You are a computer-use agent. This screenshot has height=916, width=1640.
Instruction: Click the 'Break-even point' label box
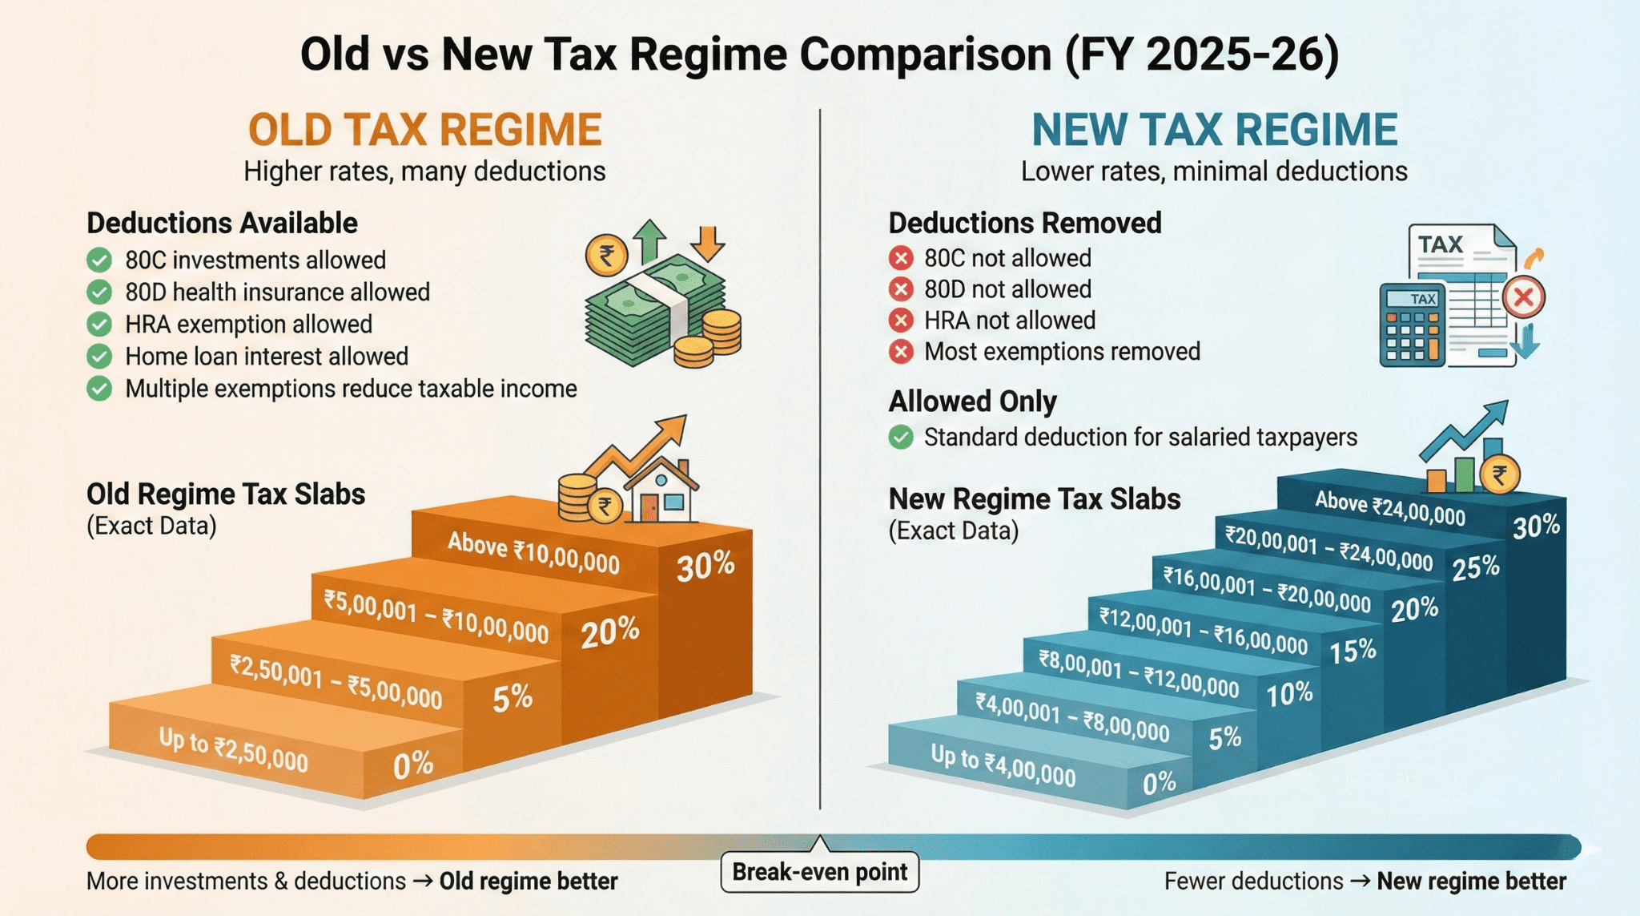(x=819, y=872)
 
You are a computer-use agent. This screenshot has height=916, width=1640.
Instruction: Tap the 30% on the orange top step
(x=705, y=566)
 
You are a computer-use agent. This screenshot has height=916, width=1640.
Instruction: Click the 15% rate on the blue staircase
(x=1353, y=652)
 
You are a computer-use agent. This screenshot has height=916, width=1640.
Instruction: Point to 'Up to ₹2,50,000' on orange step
(x=233, y=749)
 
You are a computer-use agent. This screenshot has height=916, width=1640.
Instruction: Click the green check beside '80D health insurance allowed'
(x=99, y=292)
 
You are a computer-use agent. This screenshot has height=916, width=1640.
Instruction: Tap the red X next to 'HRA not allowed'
(x=901, y=321)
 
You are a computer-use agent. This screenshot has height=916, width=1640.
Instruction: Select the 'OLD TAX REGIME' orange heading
(x=424, y=130)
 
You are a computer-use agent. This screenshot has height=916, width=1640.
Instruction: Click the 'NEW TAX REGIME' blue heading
(x=1214, y=130)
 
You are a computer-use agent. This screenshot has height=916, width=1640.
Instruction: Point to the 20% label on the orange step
(x=609, y=633)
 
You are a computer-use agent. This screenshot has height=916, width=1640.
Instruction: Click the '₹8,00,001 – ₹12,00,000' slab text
(x=1138, y=674)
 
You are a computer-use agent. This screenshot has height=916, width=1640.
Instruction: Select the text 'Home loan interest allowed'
(x=267, y=356)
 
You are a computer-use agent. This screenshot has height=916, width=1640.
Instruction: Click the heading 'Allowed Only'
(x=972, y=401)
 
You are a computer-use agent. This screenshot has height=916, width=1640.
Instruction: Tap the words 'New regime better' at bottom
(x=1471, y=882)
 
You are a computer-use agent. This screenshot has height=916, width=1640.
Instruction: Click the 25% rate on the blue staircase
(x=1475, y=567)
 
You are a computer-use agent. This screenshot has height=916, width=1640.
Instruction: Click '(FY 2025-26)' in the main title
(x=1201, y=54)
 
